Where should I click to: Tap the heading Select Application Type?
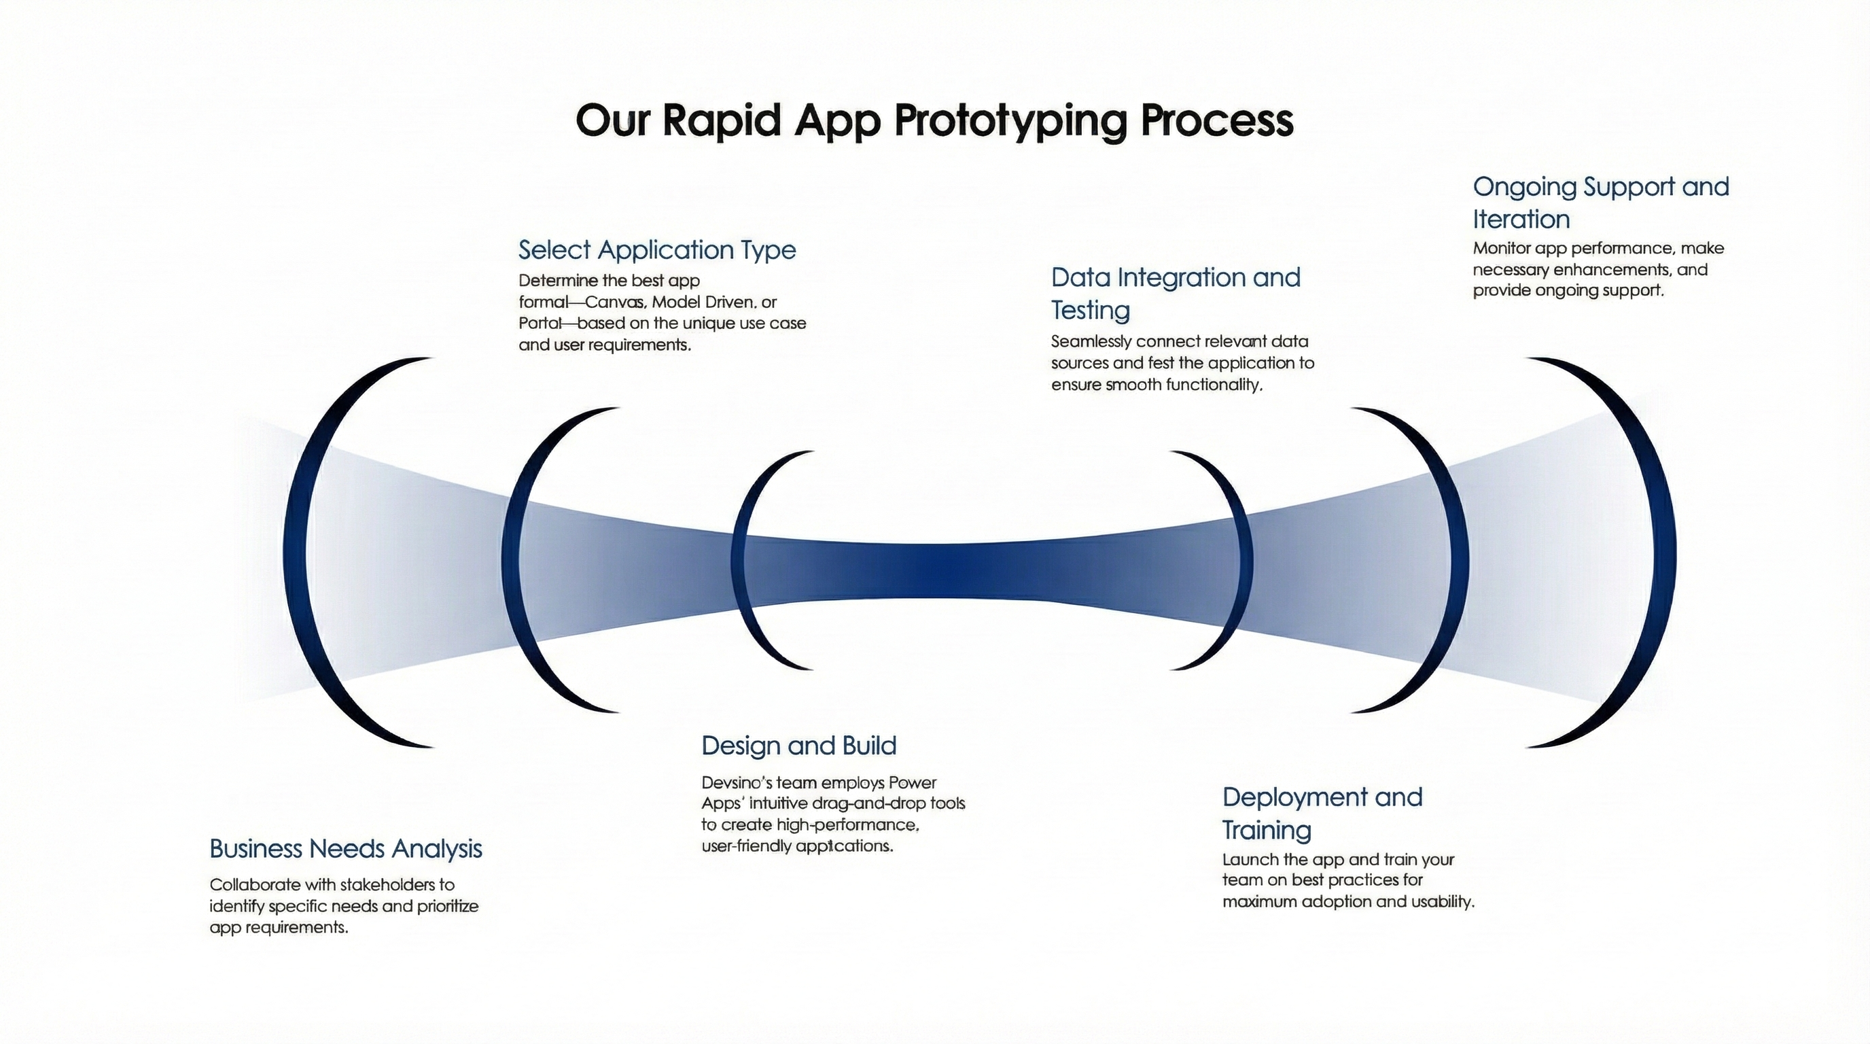pyautogui.click(x=657, y=249)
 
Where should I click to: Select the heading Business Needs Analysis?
pyautogui.click(x=346, y=848)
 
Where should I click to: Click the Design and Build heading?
pyautogui.click(x=798, y=746)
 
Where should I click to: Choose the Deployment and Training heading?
pyautogui.click(x=1321, y=812)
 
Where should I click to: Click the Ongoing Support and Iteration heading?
pyautogui.click(x=1600, y=203)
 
